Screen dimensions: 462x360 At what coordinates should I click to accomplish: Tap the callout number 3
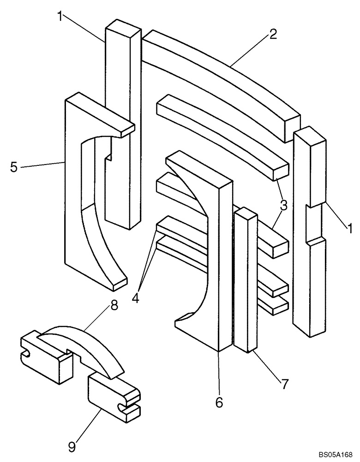[x=283, y=205]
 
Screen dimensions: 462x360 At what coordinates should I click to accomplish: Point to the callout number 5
[x=14, y=167]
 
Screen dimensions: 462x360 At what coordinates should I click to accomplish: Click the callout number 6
[x=219, y=402]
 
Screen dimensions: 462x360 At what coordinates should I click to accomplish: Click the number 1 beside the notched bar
[x=349, y=228]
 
